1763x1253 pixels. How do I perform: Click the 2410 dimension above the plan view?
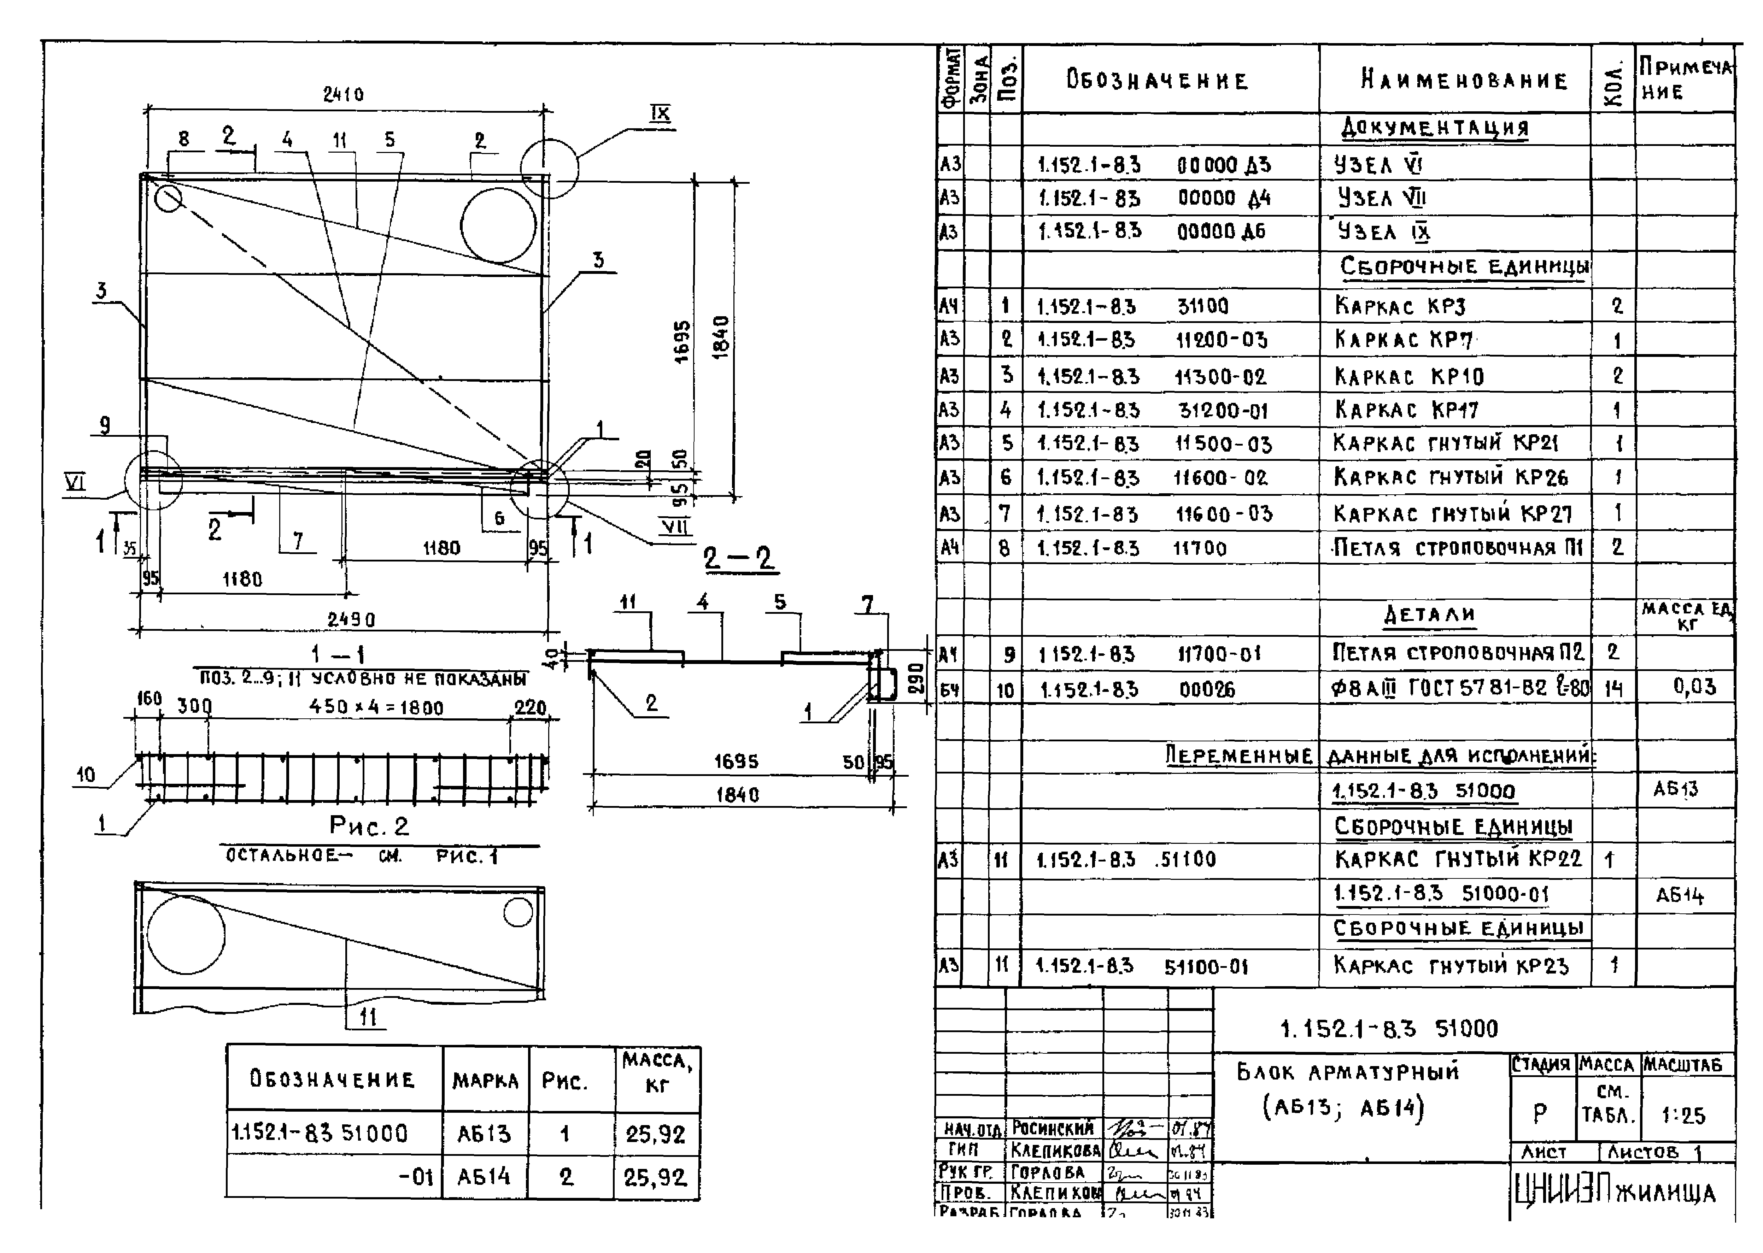(x=343, y=95)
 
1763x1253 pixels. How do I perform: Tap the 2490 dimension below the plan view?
(x=351, y=619)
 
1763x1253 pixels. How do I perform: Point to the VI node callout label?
(x=75, y=482)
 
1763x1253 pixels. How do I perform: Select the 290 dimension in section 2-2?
(x=916, y=679)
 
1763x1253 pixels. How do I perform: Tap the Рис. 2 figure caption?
(x=369, y=826)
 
